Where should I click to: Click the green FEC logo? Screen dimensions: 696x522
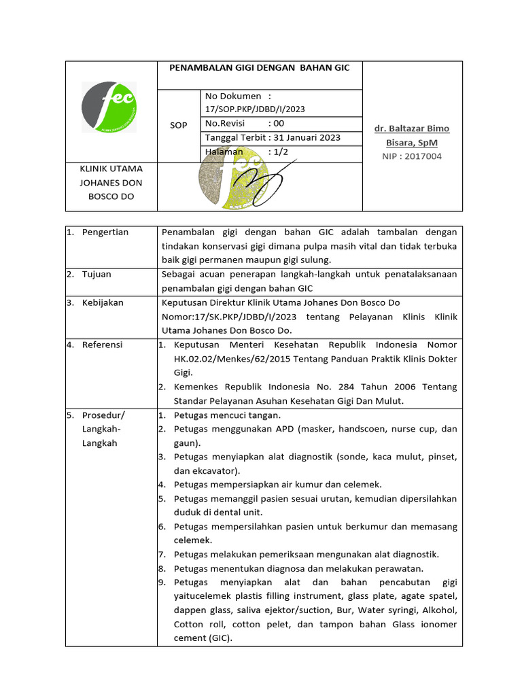pos(109,107)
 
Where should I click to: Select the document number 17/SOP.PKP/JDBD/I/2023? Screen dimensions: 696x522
pos(254,109)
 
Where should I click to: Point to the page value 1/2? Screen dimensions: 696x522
pos(279,152)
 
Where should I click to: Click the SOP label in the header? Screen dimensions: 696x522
pos(178,126)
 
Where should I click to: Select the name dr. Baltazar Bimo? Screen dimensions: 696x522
pos(412,128)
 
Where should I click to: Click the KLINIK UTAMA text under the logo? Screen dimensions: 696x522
pos(111,168)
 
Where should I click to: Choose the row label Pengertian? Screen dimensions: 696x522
pos(105,232)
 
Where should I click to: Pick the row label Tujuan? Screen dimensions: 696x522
pos(97,274)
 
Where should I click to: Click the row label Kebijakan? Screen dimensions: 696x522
pos(103,302)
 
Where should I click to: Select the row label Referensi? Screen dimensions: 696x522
pos(102,345)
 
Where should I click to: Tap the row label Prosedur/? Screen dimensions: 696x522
pos(103,415)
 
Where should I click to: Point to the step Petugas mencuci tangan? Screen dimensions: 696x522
pos(227,415)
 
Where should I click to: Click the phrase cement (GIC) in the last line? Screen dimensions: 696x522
pos(203,638)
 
